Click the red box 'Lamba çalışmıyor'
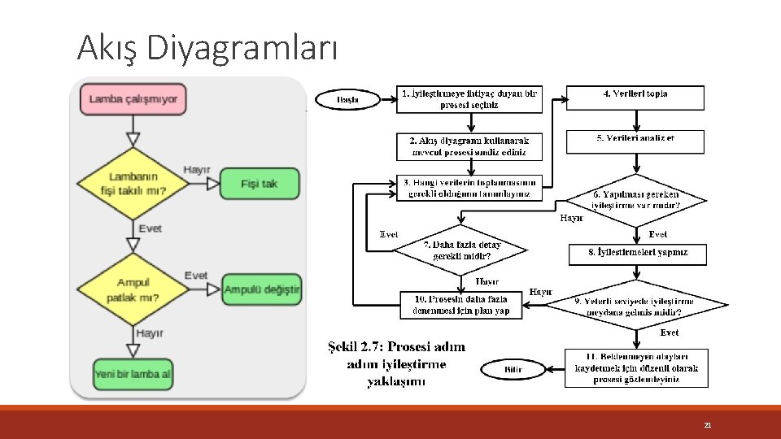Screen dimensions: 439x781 (x=133, y=99)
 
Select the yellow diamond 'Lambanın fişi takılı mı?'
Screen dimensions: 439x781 (x=133, y=184)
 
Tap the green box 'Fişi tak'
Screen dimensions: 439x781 (x=259, y=184)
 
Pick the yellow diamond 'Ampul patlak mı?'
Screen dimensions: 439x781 (x=133, y=290)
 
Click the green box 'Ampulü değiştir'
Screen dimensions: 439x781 (x=262, y=289)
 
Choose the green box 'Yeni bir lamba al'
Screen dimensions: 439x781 (x=133, y=374)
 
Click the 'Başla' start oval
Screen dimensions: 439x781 (x=348, y=100)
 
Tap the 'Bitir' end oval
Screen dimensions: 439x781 (x=513, y=370)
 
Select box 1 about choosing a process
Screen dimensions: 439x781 (x=469, y=99)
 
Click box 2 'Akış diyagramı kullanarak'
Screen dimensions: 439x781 (x=469, y=146)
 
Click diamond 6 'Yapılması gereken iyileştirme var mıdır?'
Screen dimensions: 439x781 (x=635, y=200)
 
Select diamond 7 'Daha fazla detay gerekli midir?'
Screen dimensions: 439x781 (x=461, y=250)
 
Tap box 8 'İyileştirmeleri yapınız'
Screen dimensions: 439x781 (x=637, y=254)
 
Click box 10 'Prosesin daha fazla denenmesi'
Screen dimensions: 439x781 (x=461, y=305)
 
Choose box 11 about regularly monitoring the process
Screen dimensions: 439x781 (x=636, y=368)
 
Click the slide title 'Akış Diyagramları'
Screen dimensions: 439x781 (x=207, y=49)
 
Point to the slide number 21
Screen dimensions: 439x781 (x=707, y=424)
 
